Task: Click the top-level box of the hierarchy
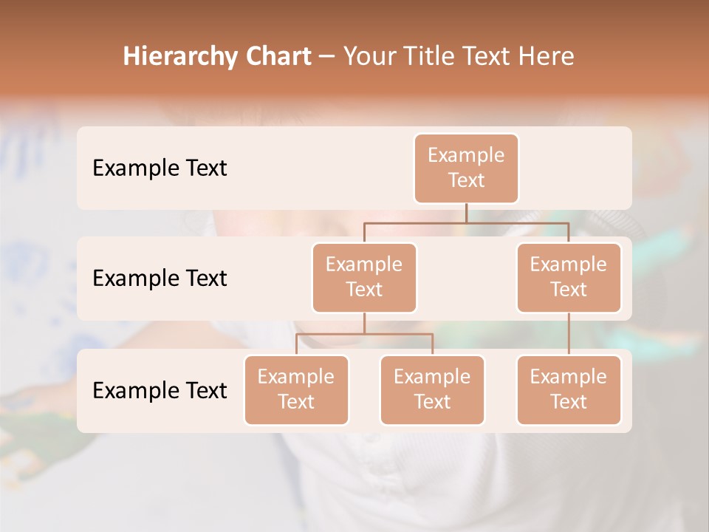pos(466,168)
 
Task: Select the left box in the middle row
pos(364,278)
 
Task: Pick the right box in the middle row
pos(569,278)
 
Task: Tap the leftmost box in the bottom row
pos(296,390)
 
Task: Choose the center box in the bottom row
pos(432,390)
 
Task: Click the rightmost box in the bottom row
pos(569,390)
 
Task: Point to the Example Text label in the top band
pos(160,168)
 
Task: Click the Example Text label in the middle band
pos(160,279)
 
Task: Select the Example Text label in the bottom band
pos(160,390)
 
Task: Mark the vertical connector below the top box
pos(466,213)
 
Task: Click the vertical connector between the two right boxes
pos(569,334)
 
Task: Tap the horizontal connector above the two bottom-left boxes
pos(364,334)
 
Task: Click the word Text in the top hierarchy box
pos(466,180)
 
